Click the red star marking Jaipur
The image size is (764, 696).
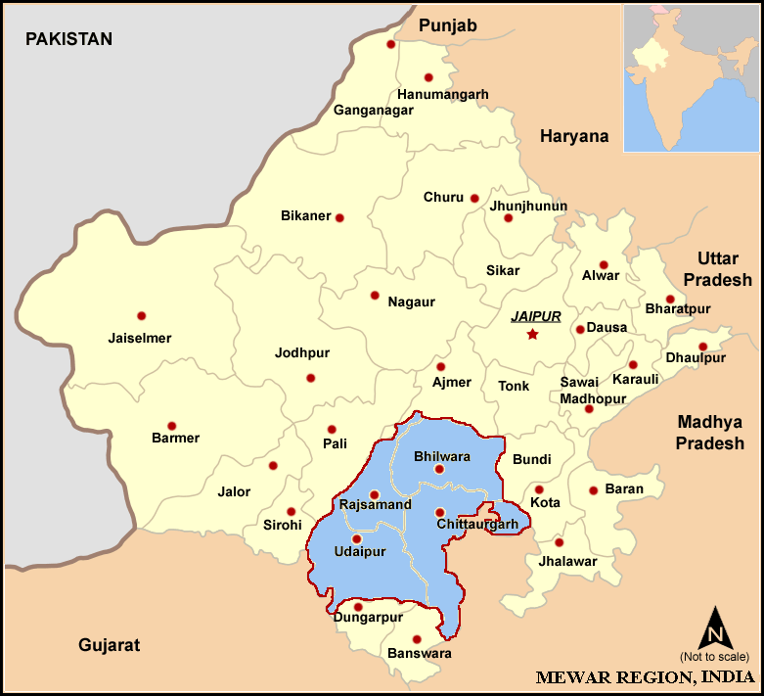tap(532, 335)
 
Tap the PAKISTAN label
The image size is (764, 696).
tap(68, 39)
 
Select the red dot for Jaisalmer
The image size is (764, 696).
tap(141, 316)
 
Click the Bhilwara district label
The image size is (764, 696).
tap(442, 456)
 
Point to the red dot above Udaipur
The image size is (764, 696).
tap(356, 538)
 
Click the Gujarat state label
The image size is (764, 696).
tap(109, 645)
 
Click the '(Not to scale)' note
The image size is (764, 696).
tap(714, 656)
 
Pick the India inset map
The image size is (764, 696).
tap(692, 77)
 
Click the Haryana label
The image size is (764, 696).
tap(574, 136)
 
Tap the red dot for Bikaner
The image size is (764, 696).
tap(339, 217)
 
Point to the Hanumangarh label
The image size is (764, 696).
tap(442, 94)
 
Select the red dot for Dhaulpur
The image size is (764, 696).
tap(702, 348)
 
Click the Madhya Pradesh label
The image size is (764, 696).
tap(709, 433)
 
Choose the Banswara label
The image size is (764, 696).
tap(421, 653)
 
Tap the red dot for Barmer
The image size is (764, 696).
tap(171, 426)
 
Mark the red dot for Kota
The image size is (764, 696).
tap(539, 489)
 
